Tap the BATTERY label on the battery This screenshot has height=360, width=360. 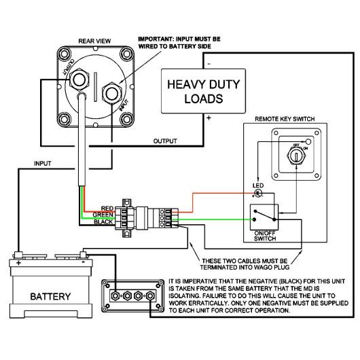click(x=50, y=296)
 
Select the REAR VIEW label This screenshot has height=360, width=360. click(x=94, y=41)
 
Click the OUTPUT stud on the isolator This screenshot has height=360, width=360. click(x=79, y=79)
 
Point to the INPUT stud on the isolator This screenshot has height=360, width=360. click(x=112, y=94)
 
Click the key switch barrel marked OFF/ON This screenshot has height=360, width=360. click(x=296, y=156)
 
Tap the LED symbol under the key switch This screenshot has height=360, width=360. click(x=258, y=193)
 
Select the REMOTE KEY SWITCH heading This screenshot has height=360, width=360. click(x=285, y=119)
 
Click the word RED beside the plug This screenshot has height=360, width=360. click(x=107, y=209)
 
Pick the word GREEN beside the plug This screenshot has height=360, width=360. click(x=103, y=215)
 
